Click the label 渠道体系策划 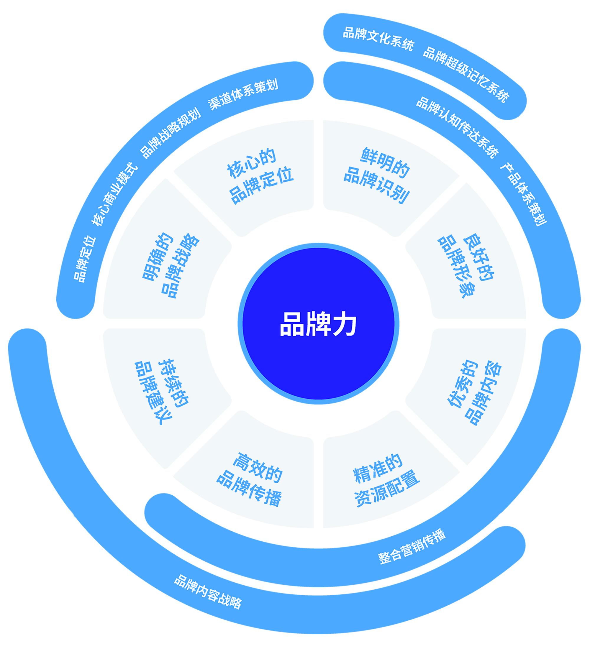click(243, 94)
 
